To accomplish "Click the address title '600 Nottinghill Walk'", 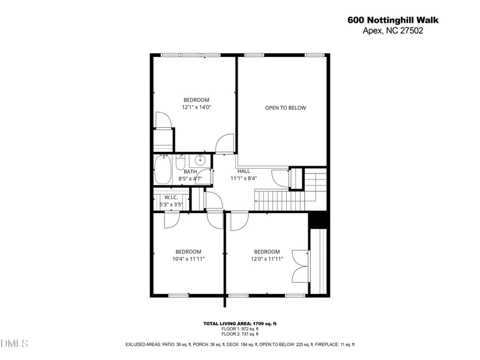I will tap(393, 20).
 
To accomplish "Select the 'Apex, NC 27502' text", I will tap(393, 31).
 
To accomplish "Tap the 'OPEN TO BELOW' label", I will tap(286, 108).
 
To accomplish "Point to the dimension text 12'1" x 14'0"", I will tap(196, 107).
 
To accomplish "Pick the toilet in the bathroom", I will tap(180, 164).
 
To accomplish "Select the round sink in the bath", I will tap(200, 160).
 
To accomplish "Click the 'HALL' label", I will tap(244, 171).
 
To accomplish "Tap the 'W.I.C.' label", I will tap(170, 197).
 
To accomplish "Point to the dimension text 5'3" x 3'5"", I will tap(170, 205).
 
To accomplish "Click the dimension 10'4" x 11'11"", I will tap(188, 259).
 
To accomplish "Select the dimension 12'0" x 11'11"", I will tap(267, 259).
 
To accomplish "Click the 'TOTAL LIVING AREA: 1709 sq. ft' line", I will tap(239, 323).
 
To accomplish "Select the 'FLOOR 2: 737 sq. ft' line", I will tap(239, 334).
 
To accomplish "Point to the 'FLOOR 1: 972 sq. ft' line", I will tap(239, 329).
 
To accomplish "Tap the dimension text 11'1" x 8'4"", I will tap(244, 178).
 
